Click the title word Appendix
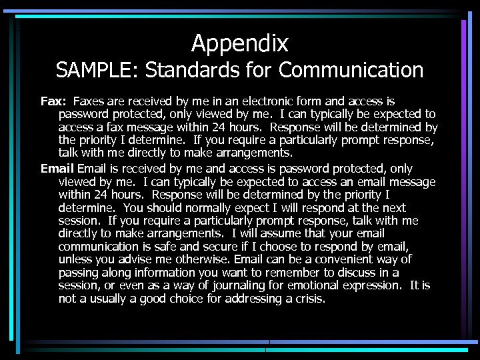(x=240, y=43)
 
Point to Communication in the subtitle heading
(x=351, y=69)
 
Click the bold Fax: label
(x=53, y=101)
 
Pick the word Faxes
(x=88, y=101)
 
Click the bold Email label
(x=57, y=169)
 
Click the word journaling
(x=234, y=285)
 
